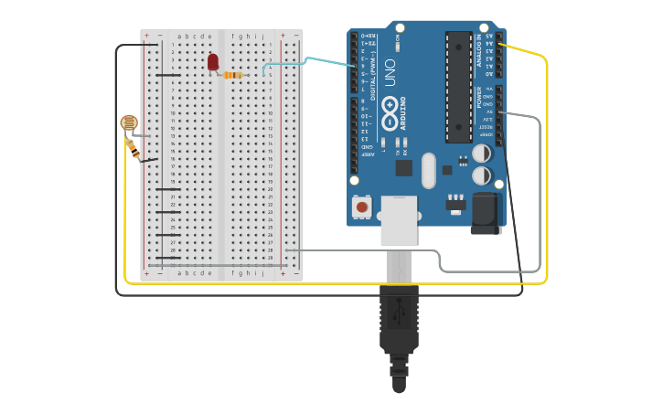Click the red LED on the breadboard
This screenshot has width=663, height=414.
[213, 62]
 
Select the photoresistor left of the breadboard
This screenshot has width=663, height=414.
[129, 122]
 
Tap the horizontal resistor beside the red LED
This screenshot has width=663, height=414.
[233, 75]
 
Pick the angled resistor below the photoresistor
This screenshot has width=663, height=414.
[134, 148]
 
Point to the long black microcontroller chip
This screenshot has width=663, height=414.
[458, 87]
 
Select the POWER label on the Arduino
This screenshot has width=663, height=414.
[479, 97]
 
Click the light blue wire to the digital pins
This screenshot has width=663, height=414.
[311, 59]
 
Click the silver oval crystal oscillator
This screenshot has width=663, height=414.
[428, 170]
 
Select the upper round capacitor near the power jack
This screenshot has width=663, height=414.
[481, 154]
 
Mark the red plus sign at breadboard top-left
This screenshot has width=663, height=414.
[146, 36]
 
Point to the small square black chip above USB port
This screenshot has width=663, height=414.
[403, 168]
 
